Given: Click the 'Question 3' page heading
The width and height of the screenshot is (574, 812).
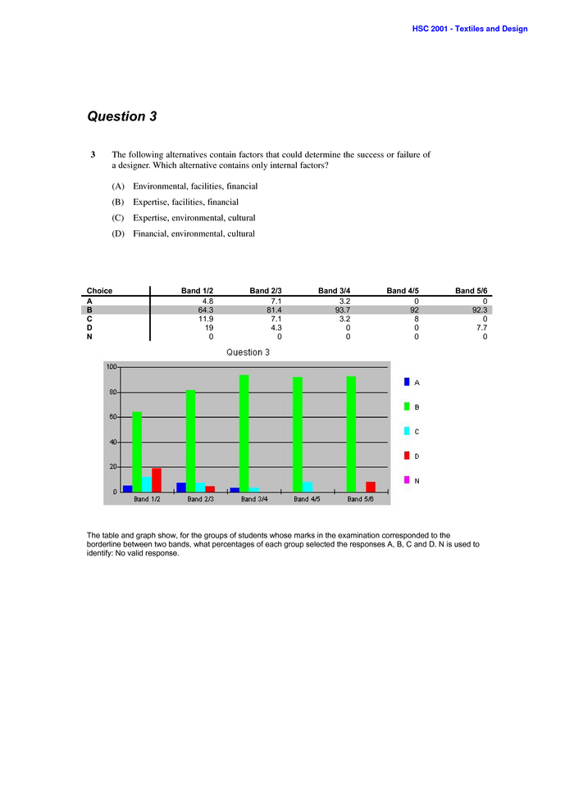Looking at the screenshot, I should click(122, 116).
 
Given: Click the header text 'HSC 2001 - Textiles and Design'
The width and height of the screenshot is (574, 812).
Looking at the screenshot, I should click(470, 29).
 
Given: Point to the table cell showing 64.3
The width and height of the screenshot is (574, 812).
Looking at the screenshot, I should click(205, 310).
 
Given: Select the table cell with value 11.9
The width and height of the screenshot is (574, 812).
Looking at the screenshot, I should click(205, 319).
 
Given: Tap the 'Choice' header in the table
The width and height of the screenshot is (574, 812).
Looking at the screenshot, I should click(100, 291).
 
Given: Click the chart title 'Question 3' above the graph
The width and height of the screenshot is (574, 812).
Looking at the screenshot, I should click(248, 352).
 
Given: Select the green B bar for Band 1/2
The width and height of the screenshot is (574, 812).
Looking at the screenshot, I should click(137, 451).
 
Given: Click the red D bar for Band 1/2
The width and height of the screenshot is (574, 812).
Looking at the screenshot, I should click(157, 480).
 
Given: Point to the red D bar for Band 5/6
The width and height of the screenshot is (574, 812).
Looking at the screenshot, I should click(371, 487).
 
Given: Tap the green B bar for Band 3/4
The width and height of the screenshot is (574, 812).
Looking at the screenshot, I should click(244, 433).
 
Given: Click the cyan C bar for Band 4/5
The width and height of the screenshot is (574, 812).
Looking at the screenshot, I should click(307, 487).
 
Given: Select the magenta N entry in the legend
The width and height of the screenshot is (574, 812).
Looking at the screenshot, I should click(407, 480).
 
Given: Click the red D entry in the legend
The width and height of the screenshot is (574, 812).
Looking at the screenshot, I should click(407, 456).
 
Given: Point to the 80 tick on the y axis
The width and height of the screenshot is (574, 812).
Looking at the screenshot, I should click(112, 392).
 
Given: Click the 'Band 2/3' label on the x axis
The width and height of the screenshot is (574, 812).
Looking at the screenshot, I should click(201, 499).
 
